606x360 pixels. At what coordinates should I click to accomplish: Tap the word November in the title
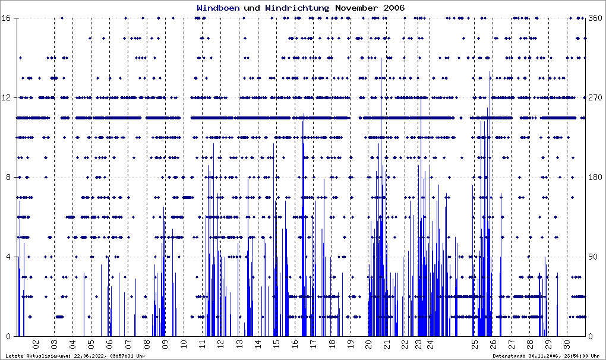(x=354, y=8)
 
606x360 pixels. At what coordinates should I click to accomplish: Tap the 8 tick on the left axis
(x=11, y=177)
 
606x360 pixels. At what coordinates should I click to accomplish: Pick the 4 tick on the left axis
(x=11, y=257)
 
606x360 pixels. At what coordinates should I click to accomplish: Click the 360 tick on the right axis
(x=595, y=18)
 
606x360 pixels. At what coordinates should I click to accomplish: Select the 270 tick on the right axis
(x=595, y=98)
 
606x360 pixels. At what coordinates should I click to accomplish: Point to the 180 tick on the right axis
(x=595, y=177)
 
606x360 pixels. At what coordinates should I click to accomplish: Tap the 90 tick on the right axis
(x=593, y=257)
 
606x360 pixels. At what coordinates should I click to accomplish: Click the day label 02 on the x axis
(x=36, y=344)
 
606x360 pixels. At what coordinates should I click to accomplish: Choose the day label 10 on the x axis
(x=184, y=344)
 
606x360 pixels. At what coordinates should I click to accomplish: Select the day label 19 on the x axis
(x=351, y=344)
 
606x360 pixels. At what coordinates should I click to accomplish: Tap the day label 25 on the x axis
(x=474, y=344)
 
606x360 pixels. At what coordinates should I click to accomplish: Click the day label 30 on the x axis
(x=567, y=344)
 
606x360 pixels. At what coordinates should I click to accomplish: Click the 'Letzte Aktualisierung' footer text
(x=74, y=355)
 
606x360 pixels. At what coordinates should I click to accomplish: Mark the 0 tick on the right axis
(x=591, y=336)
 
